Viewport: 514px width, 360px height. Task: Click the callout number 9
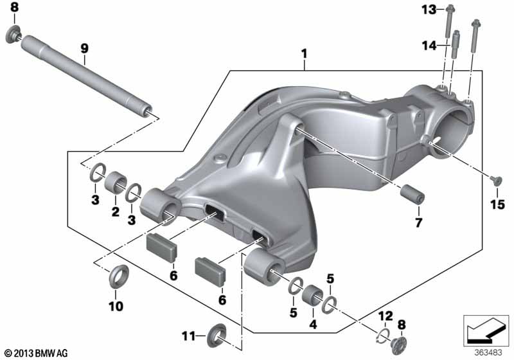pos(85,48)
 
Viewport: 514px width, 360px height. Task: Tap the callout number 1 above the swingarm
pos(305,53)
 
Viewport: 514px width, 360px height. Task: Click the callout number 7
pos(419,222)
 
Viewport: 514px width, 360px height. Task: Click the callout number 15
pos(497,204)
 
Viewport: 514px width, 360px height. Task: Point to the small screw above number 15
pos(496,179)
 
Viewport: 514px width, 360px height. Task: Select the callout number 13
pos(429,10)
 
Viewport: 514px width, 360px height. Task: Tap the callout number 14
pos(429,46)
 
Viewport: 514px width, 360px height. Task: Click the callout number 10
pos(116,306)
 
